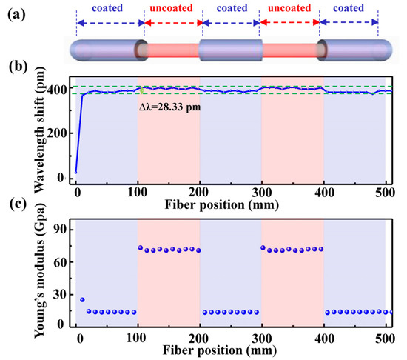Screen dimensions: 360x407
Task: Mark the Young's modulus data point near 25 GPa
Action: pyautogui.click(x=82, y=300)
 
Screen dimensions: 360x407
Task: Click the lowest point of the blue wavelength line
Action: pyautogui.click(x=77, y=172)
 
